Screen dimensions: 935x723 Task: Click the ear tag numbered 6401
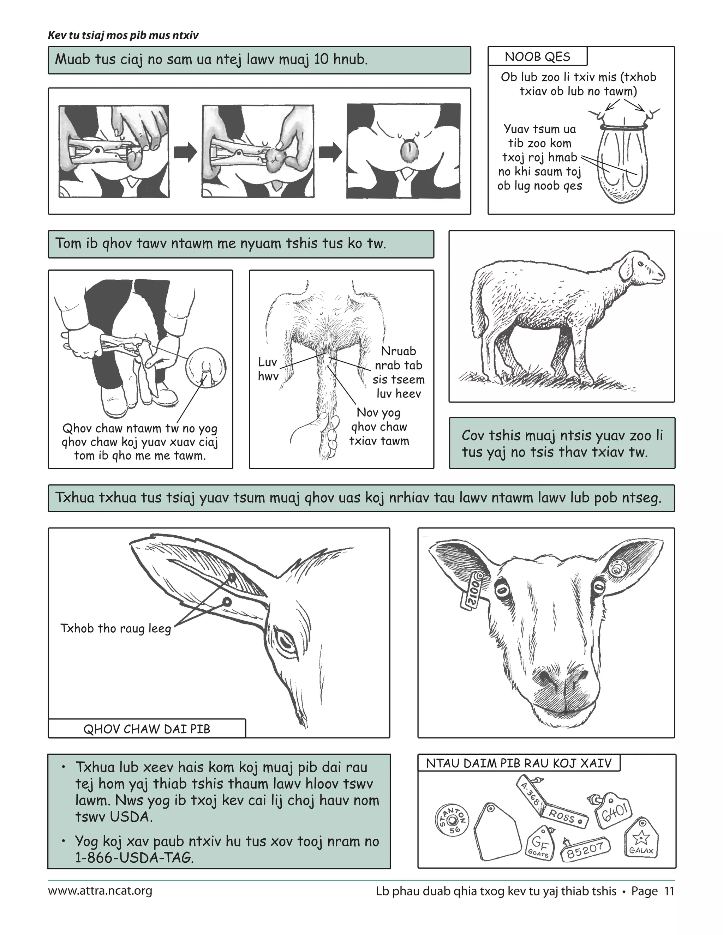(615, 811)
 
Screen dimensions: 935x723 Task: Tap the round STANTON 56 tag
(452, 820)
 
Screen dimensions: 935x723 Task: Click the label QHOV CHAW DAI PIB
(147, 729)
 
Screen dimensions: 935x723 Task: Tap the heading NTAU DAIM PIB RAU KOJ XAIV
(518, 763)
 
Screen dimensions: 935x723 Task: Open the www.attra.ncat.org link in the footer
(100, 891)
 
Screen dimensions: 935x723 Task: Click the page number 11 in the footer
(669, 891)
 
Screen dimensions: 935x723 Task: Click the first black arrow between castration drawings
(185, 152)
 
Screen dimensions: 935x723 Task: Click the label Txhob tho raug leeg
(116, 628)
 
